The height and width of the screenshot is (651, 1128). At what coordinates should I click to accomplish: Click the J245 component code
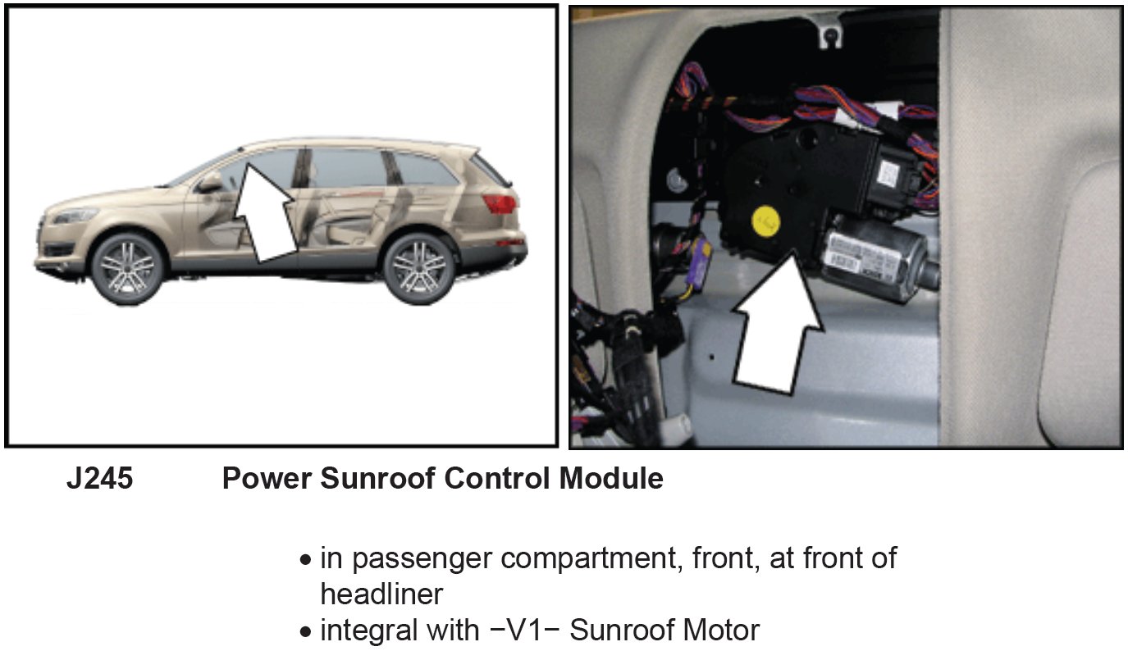99,479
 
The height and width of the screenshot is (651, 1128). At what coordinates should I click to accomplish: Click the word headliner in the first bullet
381,594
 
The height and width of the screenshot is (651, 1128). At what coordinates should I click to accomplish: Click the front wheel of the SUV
128,266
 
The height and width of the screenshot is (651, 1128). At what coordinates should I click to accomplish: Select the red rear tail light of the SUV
500,203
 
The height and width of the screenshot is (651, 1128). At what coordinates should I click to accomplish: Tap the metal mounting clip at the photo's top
829,34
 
